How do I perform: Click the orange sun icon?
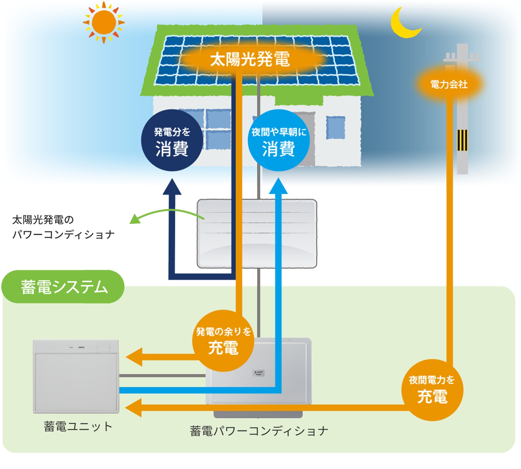[104, 22]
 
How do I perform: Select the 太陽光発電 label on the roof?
[250, 59]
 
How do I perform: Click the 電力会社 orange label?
[449, 84]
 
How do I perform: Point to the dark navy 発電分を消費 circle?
[172, 140]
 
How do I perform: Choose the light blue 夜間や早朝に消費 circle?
[279, 140]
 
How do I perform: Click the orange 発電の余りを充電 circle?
[223, 341]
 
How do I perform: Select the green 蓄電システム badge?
[64, 287]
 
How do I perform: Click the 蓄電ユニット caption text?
[78, 427]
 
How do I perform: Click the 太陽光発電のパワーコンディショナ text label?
[63, 227]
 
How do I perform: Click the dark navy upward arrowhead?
[172, 187]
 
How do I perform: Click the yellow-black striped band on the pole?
[462, 140]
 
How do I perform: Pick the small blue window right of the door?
[335, 127]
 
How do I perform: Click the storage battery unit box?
[76, 376]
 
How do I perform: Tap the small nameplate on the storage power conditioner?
[258, 373]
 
